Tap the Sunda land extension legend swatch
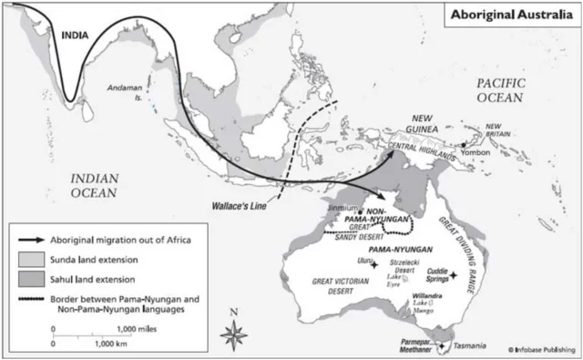[31, 257]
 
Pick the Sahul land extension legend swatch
[31, 278]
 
